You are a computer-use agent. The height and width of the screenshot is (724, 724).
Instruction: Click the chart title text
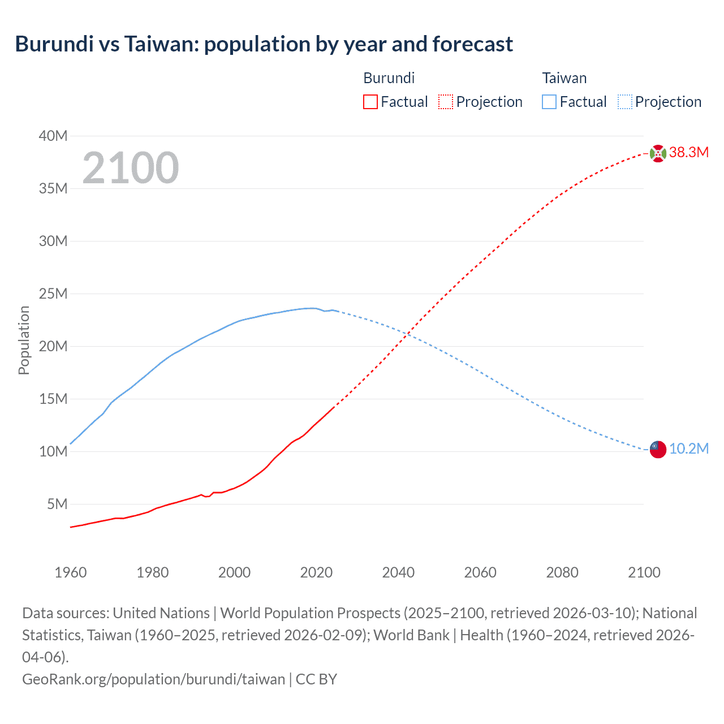point(264,44)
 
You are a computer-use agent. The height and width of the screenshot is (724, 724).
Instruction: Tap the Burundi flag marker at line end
point(658,153)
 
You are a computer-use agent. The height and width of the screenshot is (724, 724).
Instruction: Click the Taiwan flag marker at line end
point(658,449)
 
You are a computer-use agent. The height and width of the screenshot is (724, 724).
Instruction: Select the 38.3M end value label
point(689,152)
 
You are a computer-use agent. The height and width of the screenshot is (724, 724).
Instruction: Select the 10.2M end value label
point(689,449)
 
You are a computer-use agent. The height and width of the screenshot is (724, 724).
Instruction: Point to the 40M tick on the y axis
point(53,136)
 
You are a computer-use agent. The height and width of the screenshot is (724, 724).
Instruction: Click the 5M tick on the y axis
point(57,504)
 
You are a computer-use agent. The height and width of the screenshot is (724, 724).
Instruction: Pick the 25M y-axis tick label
point(53,294)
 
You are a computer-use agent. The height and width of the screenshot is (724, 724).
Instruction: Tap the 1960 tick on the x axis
point(71,572)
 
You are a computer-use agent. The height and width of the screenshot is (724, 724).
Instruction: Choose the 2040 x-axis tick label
point(398,572)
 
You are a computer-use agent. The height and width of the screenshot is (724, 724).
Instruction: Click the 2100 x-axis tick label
point(644,572)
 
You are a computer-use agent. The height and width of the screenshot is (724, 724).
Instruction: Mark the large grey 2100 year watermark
point(131,168)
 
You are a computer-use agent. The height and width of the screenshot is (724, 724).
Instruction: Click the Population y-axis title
point(24,340)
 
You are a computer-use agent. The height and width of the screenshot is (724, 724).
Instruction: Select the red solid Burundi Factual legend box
point(370,102)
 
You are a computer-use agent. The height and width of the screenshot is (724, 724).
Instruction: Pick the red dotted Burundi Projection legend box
point(446,102)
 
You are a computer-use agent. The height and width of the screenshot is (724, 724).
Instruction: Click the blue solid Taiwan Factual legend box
point(549,102)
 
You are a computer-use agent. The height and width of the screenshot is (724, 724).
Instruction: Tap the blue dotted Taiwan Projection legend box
point(625,102)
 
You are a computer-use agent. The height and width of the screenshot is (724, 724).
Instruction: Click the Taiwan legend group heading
point(564,78)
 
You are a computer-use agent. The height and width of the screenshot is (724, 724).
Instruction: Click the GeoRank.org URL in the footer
point(153,679)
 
